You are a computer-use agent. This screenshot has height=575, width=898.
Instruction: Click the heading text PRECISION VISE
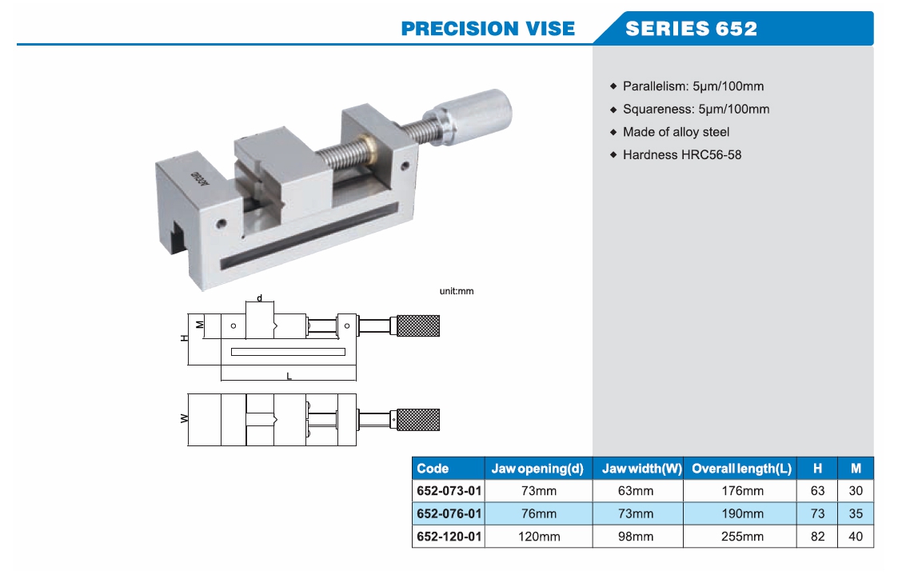point(488,29)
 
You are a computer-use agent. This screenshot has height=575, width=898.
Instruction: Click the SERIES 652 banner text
point(691,29)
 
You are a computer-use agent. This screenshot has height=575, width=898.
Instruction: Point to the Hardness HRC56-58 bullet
point(681,154)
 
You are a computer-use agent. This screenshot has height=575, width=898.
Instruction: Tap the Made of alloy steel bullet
point(676,132)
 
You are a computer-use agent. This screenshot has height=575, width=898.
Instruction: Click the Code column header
point(433,469)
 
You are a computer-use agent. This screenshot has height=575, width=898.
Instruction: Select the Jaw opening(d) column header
point(537,469)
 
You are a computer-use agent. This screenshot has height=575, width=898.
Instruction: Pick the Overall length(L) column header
point(741,469)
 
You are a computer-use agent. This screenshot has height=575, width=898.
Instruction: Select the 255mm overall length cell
point(741,537)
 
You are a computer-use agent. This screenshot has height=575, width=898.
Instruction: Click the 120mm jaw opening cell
point(537,537)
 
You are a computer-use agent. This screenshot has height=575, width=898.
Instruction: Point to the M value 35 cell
point(856,513)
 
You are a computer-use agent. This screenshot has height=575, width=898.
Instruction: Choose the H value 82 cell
point(817,537)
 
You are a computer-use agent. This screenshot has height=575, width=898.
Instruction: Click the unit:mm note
point(457,291)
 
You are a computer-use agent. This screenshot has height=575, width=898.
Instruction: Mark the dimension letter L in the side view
point(289,375)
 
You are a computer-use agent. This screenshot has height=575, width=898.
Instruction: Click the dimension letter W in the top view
point(184,418)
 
